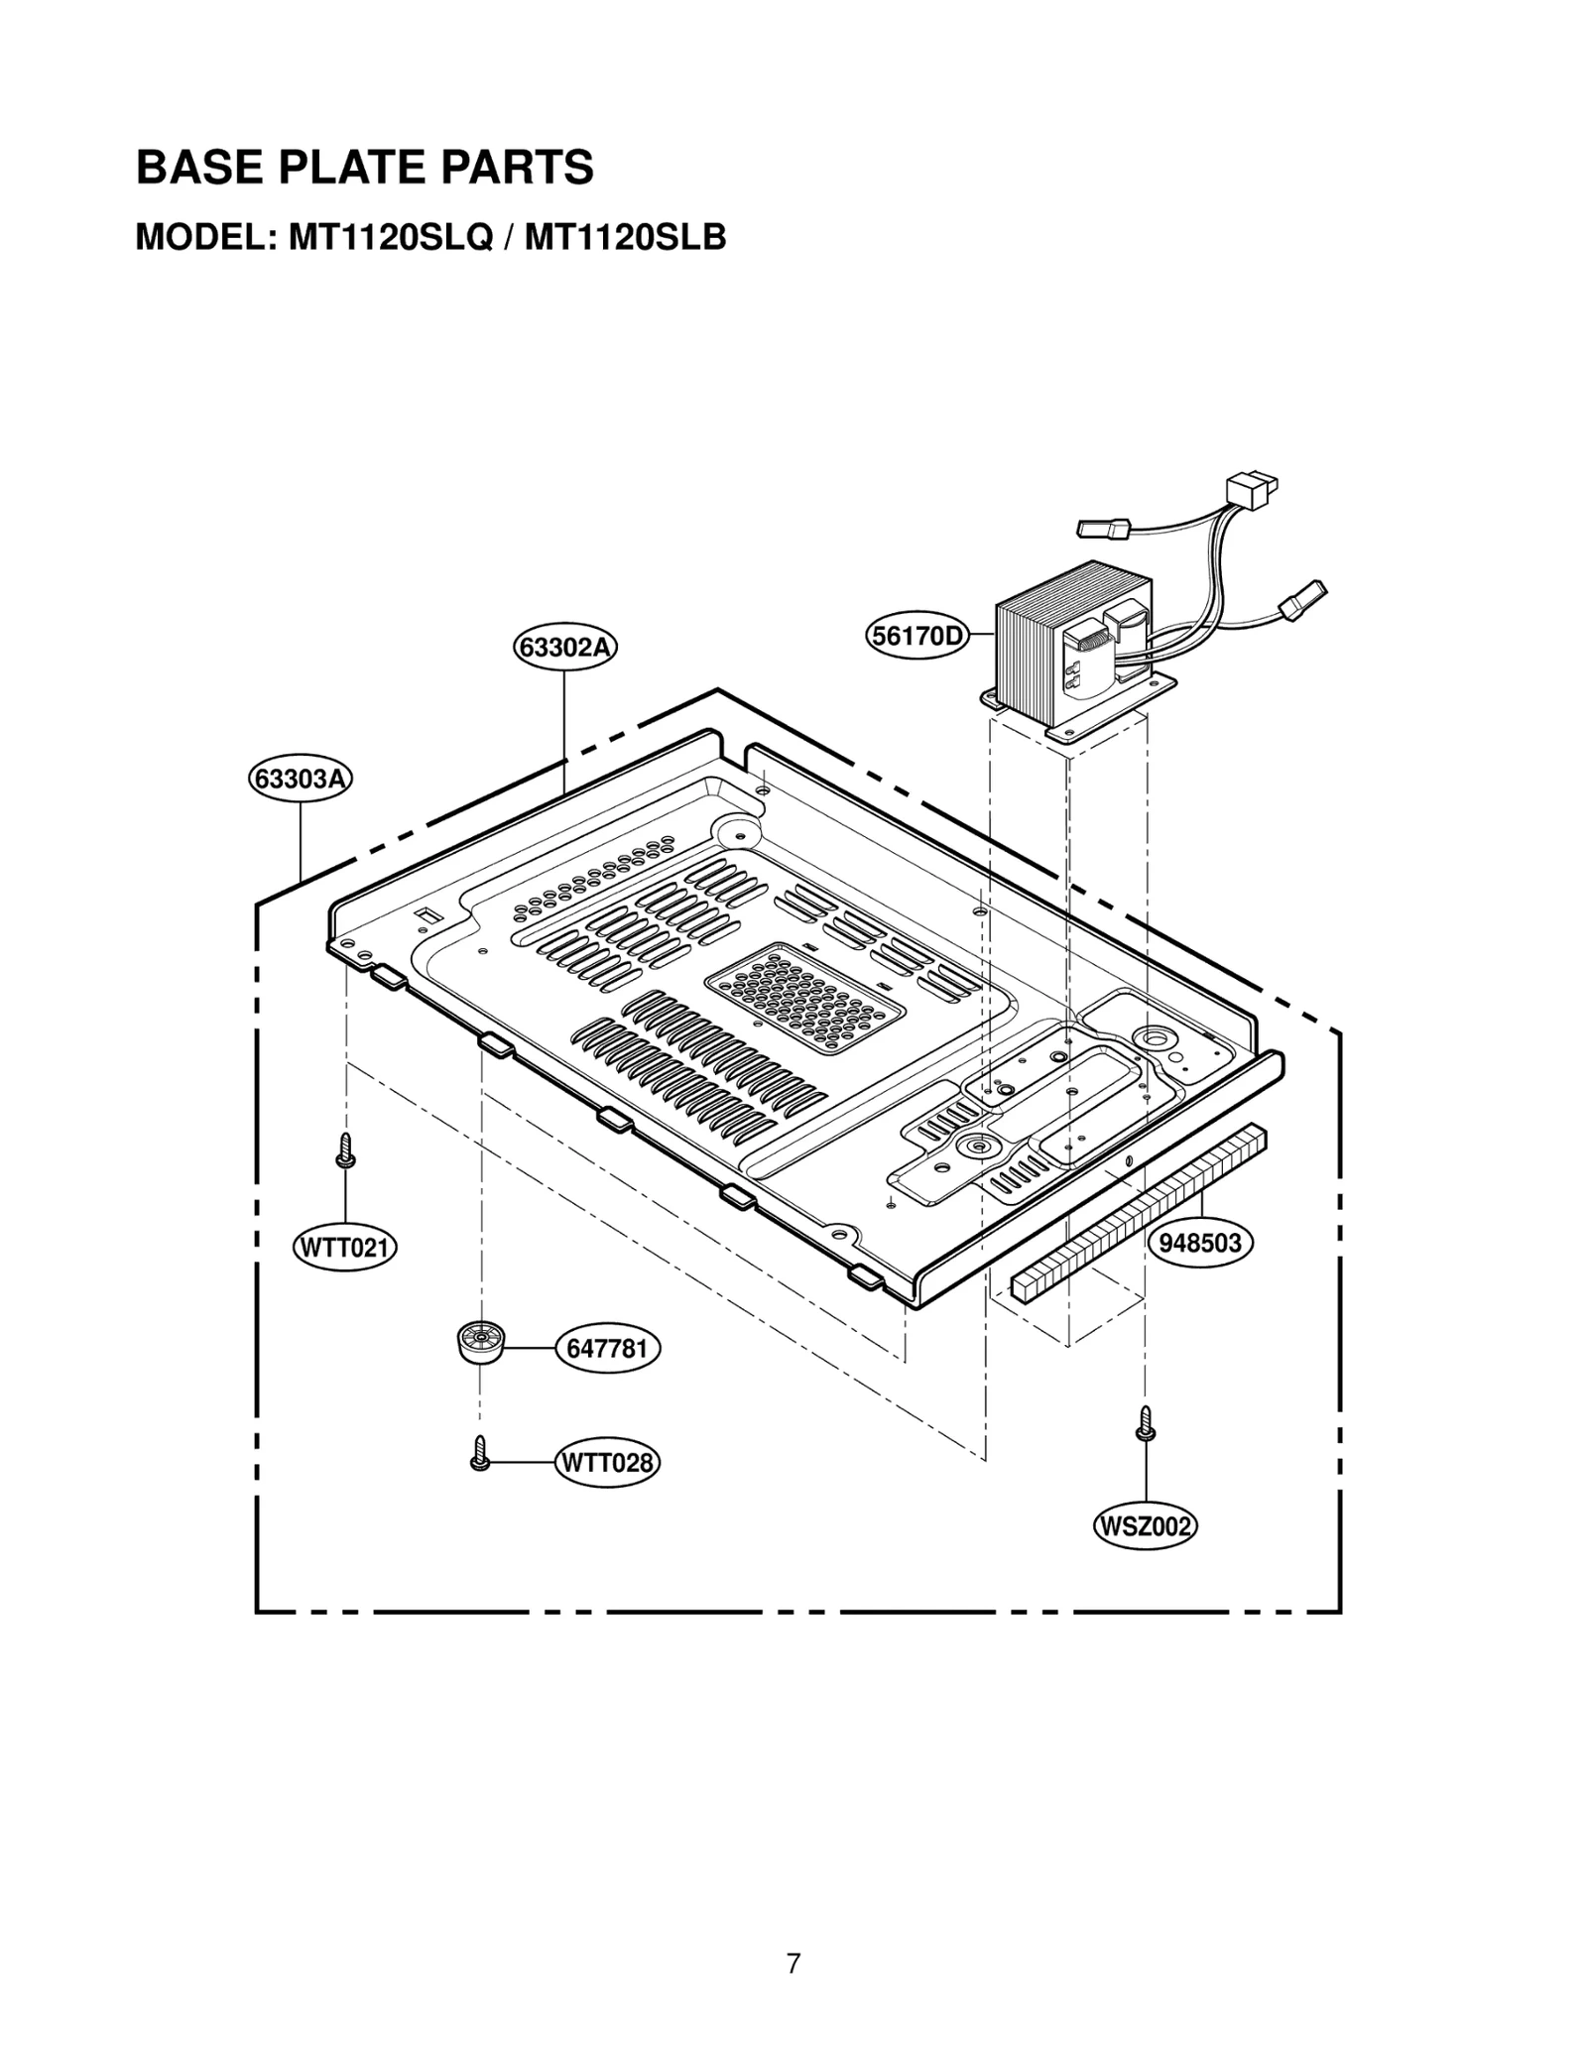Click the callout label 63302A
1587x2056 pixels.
565,648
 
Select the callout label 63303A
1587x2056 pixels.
301,779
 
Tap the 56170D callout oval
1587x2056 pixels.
916,636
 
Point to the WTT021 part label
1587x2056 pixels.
344,1247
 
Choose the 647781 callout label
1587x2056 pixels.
607,1349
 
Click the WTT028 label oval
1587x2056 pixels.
607,1463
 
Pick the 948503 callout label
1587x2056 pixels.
1200,1243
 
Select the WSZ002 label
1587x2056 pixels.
1145,1526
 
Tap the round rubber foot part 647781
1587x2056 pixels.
480,1343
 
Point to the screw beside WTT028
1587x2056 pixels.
480,1454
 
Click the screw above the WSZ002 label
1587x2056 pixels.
1146,1423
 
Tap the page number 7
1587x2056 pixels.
793,1963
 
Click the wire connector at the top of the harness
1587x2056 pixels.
1252,490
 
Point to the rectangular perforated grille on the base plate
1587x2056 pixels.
803,997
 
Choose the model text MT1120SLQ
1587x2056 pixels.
390,238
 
